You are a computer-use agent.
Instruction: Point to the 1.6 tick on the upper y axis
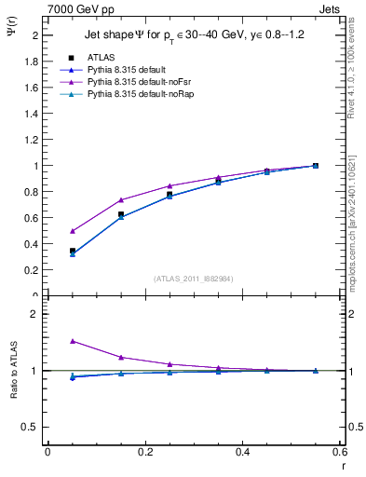tap(32, 88)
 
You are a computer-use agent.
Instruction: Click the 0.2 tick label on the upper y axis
tap(32, 270)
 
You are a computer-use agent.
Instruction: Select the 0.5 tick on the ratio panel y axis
tap(32, 427)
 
